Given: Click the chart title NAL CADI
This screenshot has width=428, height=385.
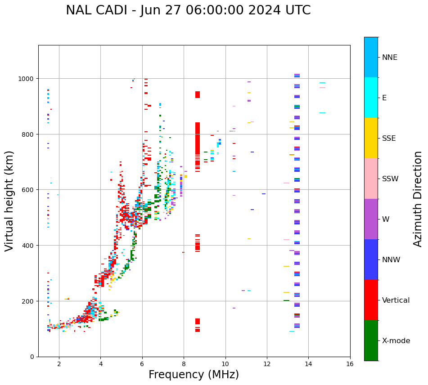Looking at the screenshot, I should (188, 10).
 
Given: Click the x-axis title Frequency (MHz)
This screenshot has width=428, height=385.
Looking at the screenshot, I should (194, 375).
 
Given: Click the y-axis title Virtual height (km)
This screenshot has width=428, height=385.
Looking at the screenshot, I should (10, 201).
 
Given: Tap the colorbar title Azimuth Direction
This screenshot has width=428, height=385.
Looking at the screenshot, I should (418, 199).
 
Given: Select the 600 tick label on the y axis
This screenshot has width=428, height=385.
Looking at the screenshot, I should (29, 190).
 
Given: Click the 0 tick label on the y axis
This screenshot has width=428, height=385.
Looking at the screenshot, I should (32, 357).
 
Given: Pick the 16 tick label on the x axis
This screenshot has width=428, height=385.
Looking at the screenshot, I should (350, 364).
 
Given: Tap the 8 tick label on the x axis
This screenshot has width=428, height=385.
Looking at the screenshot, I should (184, 364).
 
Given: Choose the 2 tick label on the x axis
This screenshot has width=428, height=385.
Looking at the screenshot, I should (59, 364).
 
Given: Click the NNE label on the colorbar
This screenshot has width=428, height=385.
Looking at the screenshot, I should (390, 58).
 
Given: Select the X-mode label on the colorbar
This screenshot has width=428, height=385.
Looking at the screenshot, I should (396, 341).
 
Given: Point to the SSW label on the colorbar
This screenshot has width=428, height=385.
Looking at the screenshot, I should (390, 179).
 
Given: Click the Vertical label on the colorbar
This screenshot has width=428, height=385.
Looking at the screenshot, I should (396, 300).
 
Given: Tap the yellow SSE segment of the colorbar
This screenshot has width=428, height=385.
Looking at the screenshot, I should (371, 138).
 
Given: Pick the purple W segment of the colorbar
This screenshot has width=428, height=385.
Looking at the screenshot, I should (371, 219).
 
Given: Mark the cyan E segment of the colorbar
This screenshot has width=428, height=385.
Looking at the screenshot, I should (371, 98).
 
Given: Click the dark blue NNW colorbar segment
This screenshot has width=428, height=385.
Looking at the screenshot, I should (371, 260).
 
